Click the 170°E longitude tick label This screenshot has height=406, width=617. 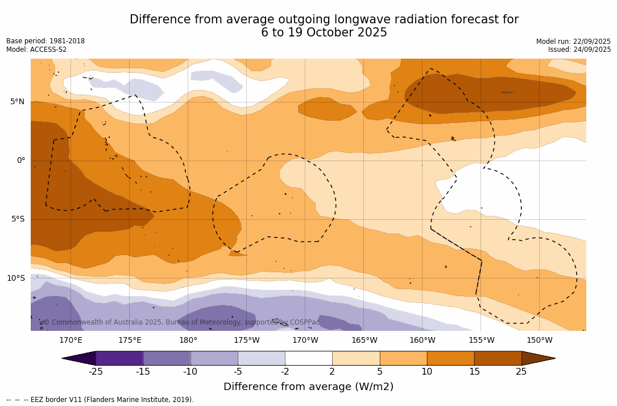coord(71,341)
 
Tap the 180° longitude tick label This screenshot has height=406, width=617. coord(188,341)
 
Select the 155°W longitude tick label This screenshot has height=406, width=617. coord(481,341)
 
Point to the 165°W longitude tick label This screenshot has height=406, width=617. coord(364,341)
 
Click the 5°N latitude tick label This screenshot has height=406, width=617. coord(17,102)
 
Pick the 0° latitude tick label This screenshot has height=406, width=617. coord(21,161)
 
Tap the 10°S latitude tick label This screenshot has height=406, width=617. coord(15,278)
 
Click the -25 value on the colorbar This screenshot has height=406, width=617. coord(96,372)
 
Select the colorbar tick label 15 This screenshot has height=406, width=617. coord(474,372)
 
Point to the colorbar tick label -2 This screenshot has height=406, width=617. coord(285,372)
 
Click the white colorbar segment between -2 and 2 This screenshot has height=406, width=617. coord(309,358)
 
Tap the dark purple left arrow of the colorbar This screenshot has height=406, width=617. coord(79,358)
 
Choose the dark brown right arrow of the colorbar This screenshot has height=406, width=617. coord(538,358)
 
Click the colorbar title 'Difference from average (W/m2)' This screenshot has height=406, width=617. coord(308,387)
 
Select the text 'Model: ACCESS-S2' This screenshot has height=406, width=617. coord(36,50)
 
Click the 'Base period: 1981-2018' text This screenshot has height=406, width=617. coord(45,41)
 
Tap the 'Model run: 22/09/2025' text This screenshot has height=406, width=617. coord(573,42)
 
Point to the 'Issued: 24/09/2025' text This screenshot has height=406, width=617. coord(579,50)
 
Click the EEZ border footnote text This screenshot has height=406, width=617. coord(100,400)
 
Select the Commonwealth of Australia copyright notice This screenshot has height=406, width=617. coord(181,322)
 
